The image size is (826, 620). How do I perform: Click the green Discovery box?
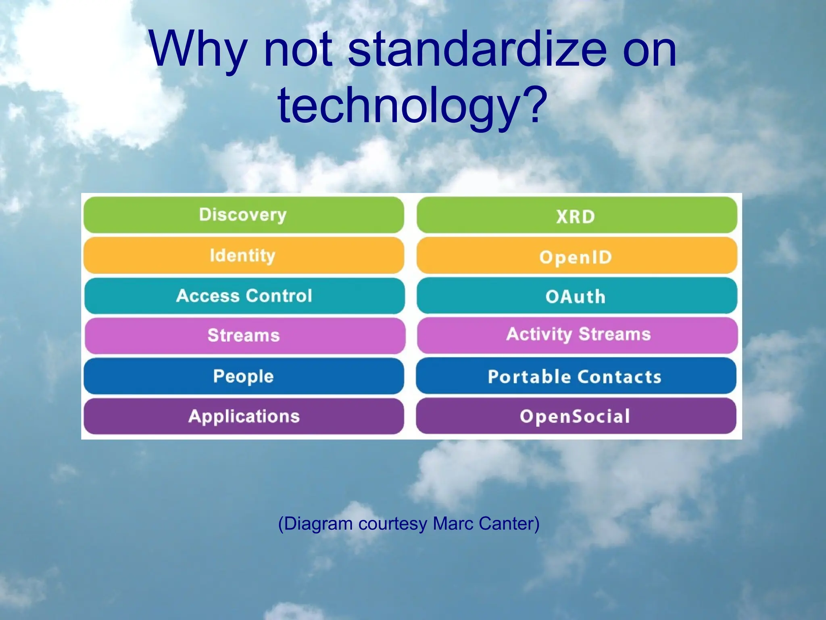coord(244,215)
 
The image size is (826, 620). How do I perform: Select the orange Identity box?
coord(244,255)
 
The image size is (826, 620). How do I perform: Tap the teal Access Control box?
coord(244,295)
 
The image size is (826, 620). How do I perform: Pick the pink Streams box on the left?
coord(244,335)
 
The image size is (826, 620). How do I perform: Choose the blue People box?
coord(244,376)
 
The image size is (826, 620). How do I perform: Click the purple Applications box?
coord(244,416)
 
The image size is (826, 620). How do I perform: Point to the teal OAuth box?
coord(576,296)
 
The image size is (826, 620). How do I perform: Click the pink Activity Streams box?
coord(578,335)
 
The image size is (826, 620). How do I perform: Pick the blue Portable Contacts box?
coord(576,376)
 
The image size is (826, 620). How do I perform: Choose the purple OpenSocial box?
coord(576,416)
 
